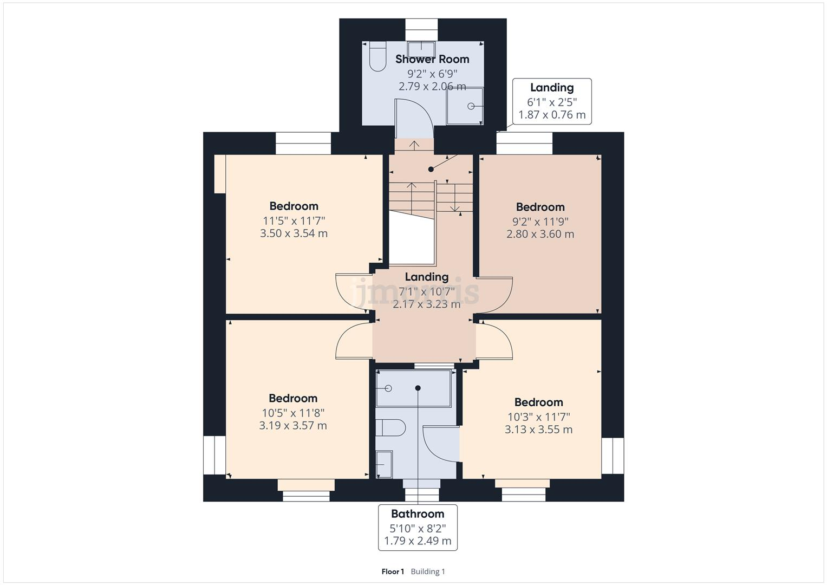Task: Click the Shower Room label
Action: point(432,59)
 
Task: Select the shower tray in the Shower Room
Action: point(465,106)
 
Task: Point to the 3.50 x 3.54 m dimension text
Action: point(294,233)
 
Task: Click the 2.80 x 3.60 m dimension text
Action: point(540,234)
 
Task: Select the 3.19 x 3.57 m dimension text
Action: point(292,426)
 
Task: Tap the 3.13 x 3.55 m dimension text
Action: point(538,430)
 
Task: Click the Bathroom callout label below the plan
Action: point(418,527)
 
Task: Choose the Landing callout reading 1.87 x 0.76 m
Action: point(552,101)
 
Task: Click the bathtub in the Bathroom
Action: point(414,388)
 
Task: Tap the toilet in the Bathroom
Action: point(391,428)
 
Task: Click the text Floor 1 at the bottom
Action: point(393,571)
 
